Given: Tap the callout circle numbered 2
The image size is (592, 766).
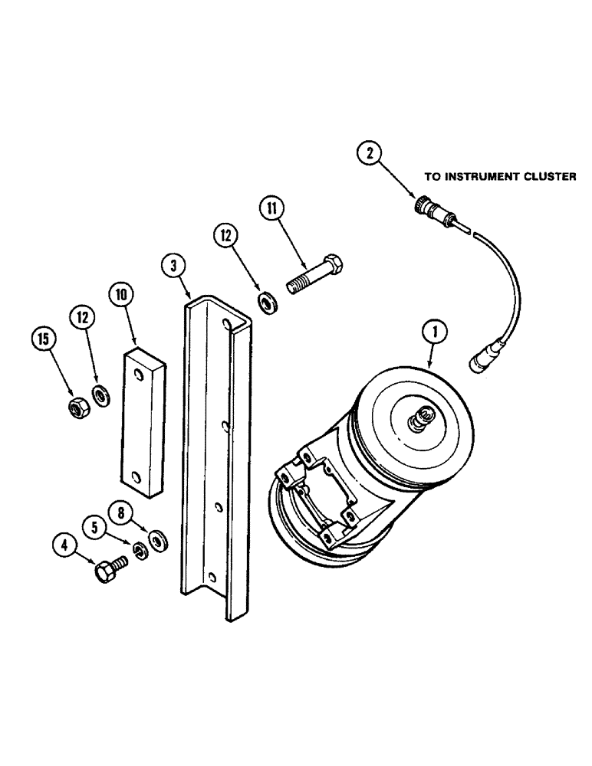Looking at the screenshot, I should tap(371, 154).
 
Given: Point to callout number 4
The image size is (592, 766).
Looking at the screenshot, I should tap(64, 547).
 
